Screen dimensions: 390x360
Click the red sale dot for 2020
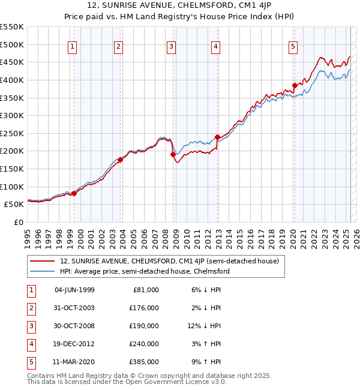tap(295, 85)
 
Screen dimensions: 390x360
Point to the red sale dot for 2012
tap(218, 137)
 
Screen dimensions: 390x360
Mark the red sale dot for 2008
tap(173, 154)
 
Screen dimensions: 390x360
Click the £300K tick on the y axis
tap(12, 115)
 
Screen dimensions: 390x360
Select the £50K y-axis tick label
tap(14, 205)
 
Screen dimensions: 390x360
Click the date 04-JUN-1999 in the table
tap(74, 290)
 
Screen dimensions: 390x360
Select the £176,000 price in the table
tap(144, 308)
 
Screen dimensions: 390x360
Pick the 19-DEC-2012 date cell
tap(74, 344)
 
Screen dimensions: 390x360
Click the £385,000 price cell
tap(144, 362)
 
